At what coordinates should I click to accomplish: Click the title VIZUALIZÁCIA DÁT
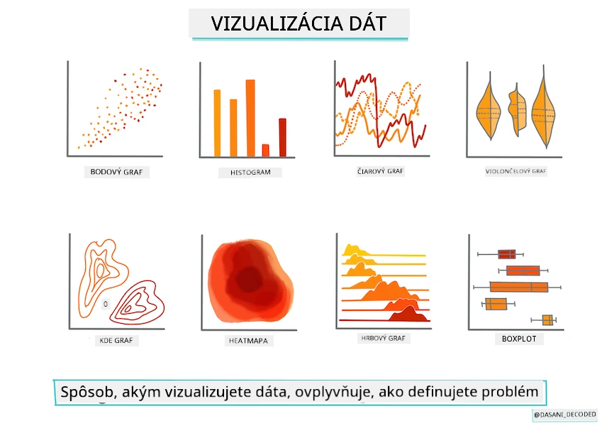point(299,23)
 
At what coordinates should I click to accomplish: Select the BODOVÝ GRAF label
point(116,172)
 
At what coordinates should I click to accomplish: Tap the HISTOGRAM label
point(250,173)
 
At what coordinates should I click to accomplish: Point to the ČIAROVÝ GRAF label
point(380,171)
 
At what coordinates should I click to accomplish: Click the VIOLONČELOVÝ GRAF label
point(515,171)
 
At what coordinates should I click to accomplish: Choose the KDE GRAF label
point(116,340)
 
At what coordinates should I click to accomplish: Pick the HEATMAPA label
point(248,341)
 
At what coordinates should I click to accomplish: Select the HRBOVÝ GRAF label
point(383,338)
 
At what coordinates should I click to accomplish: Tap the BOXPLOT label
point(519,339)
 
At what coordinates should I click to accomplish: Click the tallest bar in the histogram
point(250,118)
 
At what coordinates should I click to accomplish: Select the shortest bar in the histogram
point(265,151)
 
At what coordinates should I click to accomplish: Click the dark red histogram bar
point(283,138)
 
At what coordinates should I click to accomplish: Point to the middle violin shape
point(517,109)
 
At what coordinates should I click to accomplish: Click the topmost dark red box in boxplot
point(507,254)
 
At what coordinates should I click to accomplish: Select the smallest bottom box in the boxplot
point(547,320)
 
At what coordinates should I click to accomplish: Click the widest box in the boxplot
point(519,287)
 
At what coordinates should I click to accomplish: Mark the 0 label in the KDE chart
point(106,304)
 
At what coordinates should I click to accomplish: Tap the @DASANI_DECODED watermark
point(564,415)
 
